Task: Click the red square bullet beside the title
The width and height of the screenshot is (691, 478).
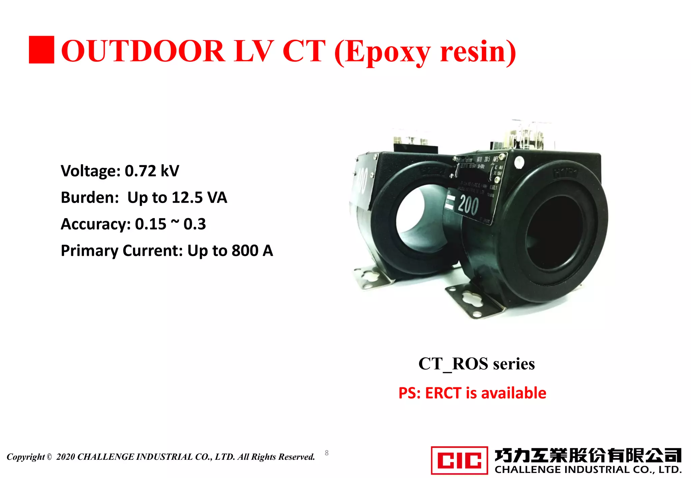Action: click(41, 50)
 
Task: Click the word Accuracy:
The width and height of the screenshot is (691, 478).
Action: click(95, 224)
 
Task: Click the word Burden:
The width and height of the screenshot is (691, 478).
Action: click(90, 198)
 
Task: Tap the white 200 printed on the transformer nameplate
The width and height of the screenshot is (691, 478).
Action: click(468, 205)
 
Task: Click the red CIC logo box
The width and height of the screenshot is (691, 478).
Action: click(459, 460)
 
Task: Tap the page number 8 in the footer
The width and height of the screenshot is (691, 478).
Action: click(327, 453)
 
